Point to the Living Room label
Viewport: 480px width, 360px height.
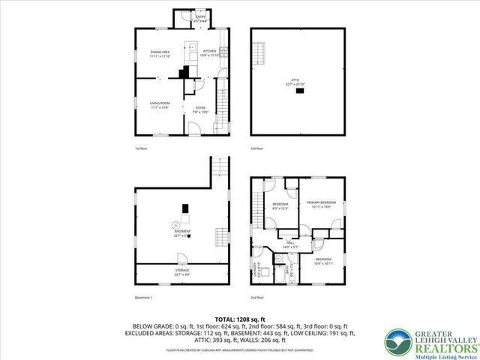pyautogui.click(x=159, y=105)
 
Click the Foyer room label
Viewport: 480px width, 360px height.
pyautogui.click(x=200, y=109)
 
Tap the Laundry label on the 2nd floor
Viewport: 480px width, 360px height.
pyautogui.click(x=257, y=267)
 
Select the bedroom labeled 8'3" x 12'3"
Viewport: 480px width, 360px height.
pyautogui.click(x=280, y=206)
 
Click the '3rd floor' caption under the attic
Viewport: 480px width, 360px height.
pyautogui.click(x=257, y=148)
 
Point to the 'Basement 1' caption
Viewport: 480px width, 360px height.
pyautogui.click(x=143, y=298)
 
